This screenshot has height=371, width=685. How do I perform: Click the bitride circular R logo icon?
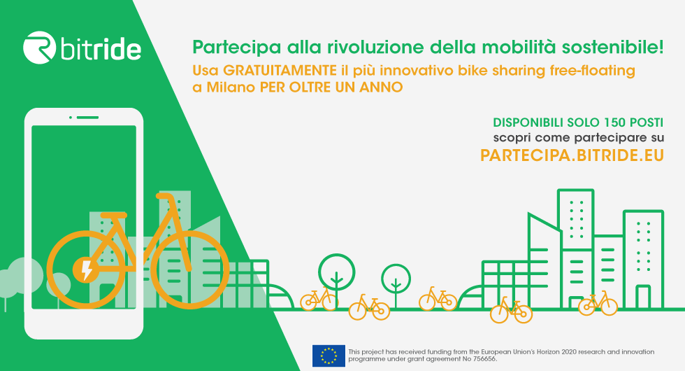39,48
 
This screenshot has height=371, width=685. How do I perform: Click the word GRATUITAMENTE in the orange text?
280,71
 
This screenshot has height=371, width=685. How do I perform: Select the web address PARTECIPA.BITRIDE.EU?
572,155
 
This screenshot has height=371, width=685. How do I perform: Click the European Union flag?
329,356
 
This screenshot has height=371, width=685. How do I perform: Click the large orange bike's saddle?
113,216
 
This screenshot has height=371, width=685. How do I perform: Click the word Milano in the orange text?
231,87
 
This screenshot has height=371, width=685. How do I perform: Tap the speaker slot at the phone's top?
87,118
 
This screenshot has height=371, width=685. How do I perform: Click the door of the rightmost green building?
642,297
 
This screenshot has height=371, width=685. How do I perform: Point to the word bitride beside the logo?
101,49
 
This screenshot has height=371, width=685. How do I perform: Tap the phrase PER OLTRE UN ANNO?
331,87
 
